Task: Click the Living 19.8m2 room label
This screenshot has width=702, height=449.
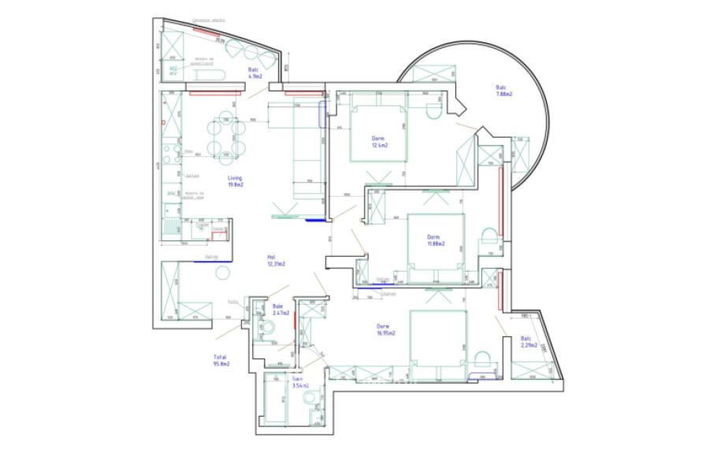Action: (x=236, y=182)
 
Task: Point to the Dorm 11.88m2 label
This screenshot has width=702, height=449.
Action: (x=434, y=239)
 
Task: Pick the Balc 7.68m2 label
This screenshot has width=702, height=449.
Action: (x=503, y=91)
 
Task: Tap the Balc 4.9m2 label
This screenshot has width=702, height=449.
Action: (x=254, y=74)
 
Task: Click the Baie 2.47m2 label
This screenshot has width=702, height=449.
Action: (x=280, y=309)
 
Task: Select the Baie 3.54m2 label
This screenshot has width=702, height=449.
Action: (x=299, y=383)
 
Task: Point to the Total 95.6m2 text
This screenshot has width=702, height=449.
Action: (x=221, y=360)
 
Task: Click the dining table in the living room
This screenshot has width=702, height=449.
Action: (x=226, y=139)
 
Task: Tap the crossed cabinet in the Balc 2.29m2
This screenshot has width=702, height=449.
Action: (x=524, y=370)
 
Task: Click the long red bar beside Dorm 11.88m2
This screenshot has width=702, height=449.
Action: (x=501, y=193)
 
